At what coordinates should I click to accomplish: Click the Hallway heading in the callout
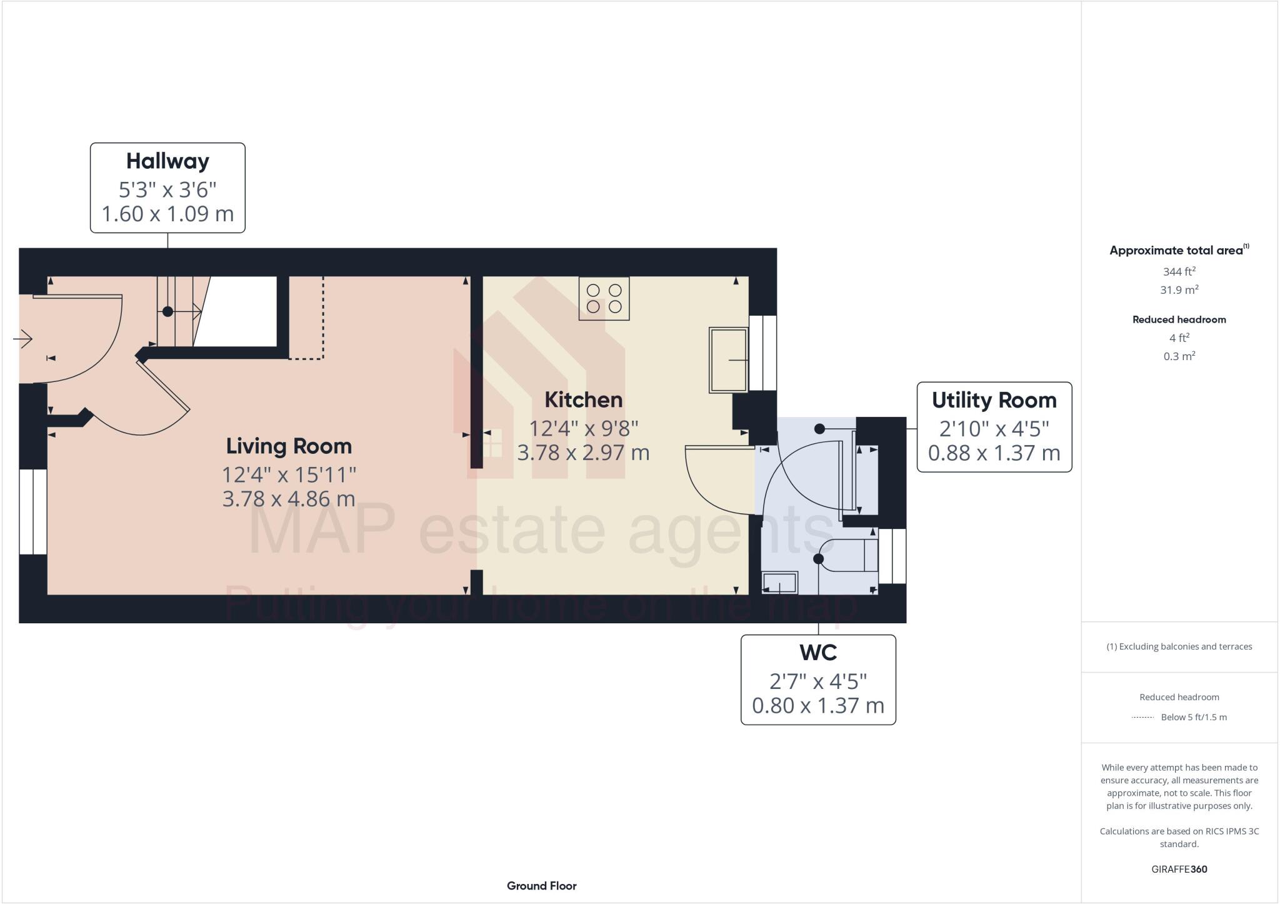pos(167,161)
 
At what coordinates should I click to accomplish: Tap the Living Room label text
pos(289,446)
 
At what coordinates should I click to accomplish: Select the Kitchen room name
pos(583,400)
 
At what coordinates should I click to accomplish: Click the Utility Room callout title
pos(994,401)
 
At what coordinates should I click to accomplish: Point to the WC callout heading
pos(817,653)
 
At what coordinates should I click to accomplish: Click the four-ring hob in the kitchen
pos(604,299)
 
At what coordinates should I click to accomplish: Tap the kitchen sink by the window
pos(729,360)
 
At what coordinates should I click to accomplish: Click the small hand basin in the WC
pos(779,583)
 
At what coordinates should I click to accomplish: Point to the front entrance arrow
pos(23,339)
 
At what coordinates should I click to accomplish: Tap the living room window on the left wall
pos(33,511)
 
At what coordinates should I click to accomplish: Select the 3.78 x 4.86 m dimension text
pos(289,499)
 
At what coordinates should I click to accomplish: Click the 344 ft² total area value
pos(1179,272)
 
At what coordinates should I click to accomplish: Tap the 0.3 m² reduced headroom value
pos(1179,356)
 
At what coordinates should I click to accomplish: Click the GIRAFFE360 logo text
pos(1179,869)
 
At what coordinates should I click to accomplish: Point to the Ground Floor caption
pos(541,886)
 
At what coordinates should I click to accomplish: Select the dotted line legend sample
pos(1142,718)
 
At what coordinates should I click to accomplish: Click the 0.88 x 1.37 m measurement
pos(994,453)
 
